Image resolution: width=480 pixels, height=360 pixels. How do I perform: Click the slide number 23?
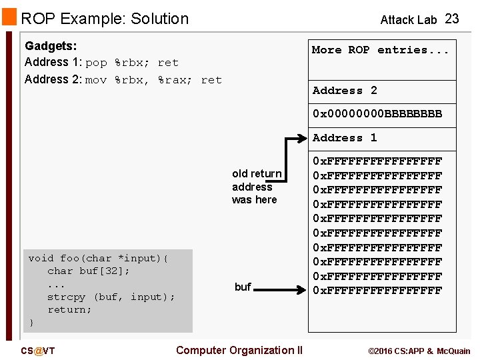tap(452, 19)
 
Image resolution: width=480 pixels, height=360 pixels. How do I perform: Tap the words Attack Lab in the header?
tap(408, 19)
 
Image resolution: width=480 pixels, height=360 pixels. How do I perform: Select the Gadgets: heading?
tap(51, 46)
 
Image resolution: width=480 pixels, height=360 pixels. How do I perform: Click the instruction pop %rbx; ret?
tap(132, 63)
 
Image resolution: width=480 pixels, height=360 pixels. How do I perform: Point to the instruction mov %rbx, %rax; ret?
tap(153, 80)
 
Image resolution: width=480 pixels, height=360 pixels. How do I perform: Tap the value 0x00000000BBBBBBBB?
tap(377, 114)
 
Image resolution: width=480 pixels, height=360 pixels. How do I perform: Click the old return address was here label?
tap(257, 187)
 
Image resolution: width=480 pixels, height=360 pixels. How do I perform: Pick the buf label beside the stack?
tap(243, 287)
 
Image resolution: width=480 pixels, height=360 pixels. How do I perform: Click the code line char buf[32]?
tap(89, 271)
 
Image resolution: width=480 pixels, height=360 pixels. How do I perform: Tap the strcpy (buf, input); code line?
tap(111, 297)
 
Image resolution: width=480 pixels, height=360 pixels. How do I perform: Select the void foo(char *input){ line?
tap(99, 259)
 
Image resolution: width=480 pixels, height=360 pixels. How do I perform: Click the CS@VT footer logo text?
tap(38, 351)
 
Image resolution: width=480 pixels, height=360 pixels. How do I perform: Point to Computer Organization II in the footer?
tap(239, 350)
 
